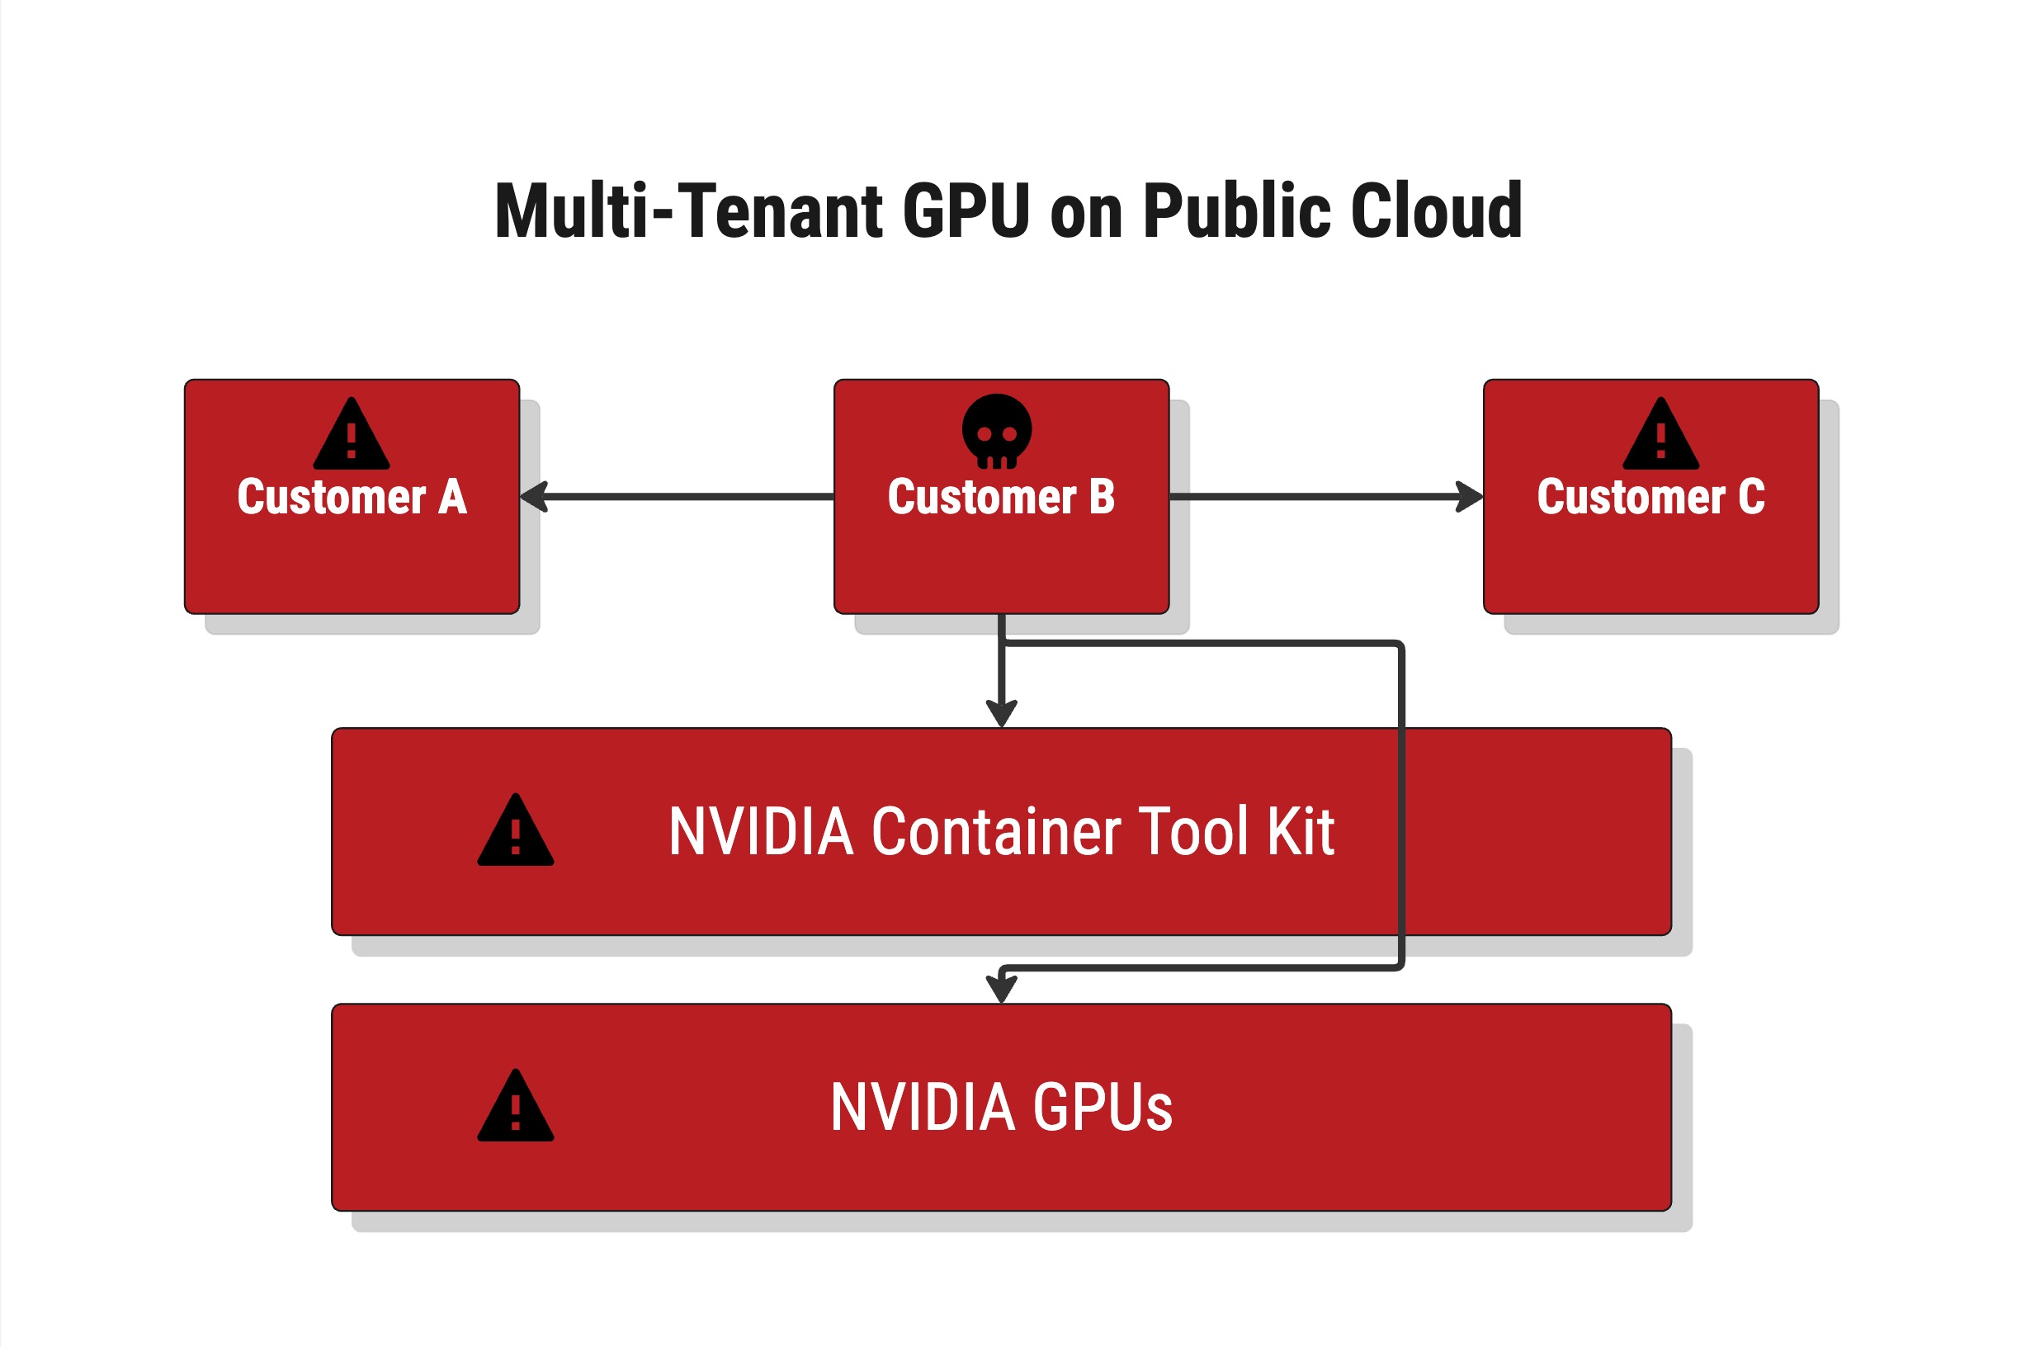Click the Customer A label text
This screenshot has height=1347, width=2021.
[x=352, y=498]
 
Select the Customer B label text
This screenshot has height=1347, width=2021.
[x=1001, y=498]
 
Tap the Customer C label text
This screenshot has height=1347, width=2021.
[x=1650, y=498]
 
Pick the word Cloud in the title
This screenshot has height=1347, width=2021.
[x=1436, y=211]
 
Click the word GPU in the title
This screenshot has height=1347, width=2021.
[x=966, y=211]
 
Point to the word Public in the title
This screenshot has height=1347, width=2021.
[x=1237, y=211]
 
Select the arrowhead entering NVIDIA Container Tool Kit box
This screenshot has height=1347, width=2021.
[x=1002, y=713]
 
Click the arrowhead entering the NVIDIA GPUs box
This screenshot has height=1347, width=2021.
[x=1002, y=989]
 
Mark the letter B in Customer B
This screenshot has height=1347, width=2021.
[x=1102, y=497]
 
